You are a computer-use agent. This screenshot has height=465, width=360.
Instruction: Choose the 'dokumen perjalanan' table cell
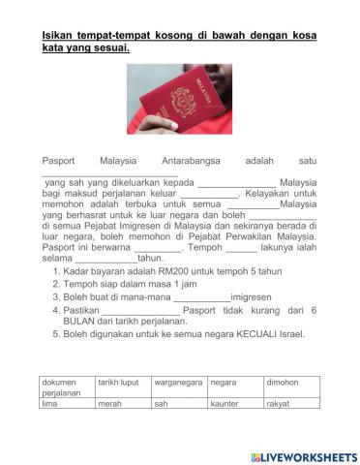[x=66, y=387]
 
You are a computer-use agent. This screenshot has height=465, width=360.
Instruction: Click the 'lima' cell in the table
[x=66, y=403]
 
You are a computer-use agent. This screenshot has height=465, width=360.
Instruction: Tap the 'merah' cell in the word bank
[x=123, y=403]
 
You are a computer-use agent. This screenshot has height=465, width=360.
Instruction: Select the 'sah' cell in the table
[x=178, y=403]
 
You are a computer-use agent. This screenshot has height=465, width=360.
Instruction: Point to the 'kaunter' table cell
[x=233, y=403]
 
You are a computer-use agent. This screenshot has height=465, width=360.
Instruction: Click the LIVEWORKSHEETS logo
[x=303, y=456]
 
